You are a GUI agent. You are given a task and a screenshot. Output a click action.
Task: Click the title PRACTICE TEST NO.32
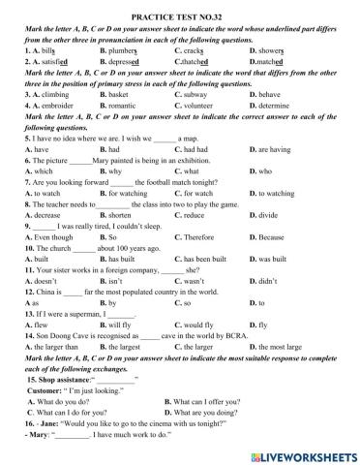pyautogui.click(x=180, y=9)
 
